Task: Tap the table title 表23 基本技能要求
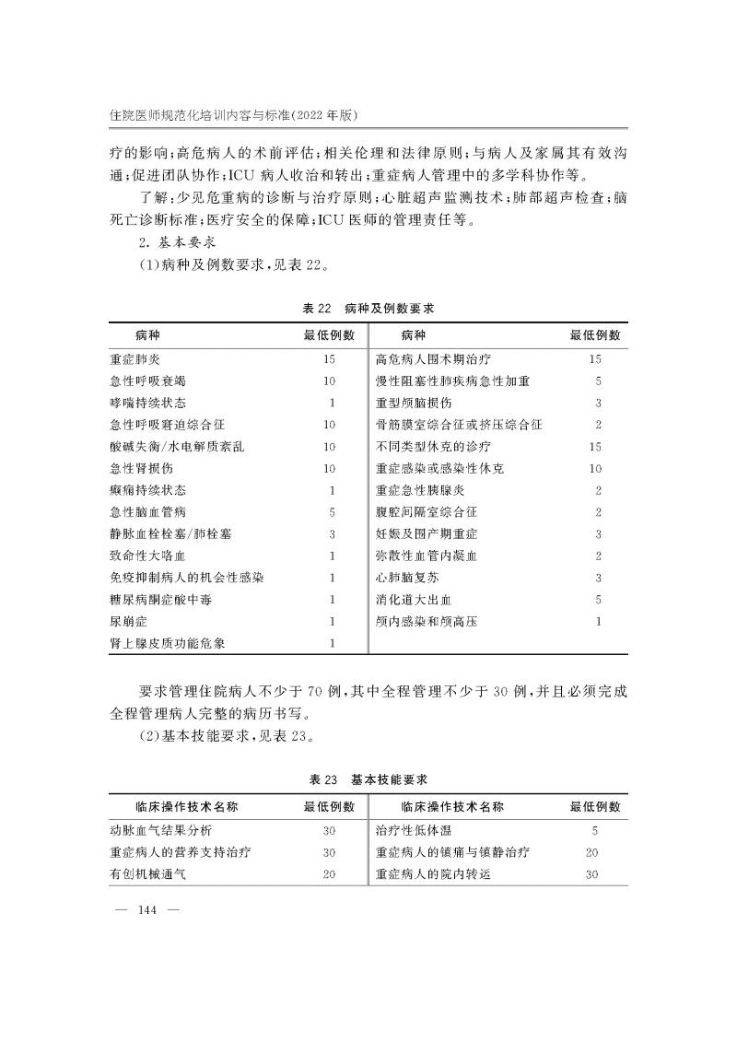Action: tap(368, 779)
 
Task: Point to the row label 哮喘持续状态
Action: tap(147, 403)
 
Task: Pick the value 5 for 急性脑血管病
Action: tap(330, 512)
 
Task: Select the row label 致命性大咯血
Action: tap(147, 556)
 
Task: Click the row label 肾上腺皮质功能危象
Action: tap(173, 643)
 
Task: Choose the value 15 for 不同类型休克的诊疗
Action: tap(595, 447)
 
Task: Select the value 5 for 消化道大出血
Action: tap(598, 600)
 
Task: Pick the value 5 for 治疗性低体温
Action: tap(595, 830)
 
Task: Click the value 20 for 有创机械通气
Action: tap(329, 874)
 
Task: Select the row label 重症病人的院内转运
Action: tap(434, 874)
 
